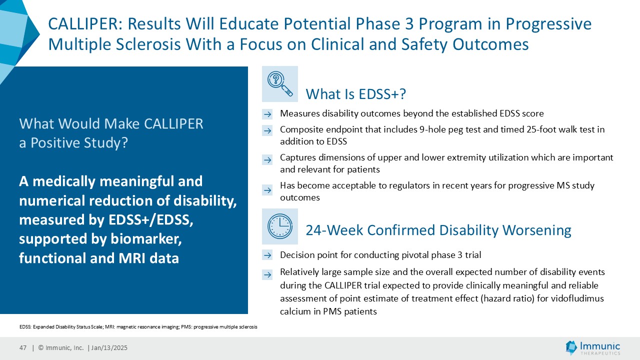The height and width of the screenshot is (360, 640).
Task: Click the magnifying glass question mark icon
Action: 279,83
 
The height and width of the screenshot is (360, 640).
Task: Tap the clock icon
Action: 279,226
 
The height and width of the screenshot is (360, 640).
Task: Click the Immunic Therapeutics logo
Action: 593,347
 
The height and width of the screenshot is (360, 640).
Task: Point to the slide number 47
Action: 23,347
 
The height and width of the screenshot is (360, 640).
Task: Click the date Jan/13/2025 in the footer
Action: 109,347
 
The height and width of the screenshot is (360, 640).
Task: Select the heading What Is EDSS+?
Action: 355,94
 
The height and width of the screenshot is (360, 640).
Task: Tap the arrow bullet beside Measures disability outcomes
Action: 267,114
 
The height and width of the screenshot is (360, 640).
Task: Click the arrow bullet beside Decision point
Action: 267,255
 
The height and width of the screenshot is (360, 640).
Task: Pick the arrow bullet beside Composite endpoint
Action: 267,130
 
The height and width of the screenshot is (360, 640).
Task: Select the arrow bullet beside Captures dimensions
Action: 267,159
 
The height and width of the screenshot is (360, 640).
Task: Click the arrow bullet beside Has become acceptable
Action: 267,190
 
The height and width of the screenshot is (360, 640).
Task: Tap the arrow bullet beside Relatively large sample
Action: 267,274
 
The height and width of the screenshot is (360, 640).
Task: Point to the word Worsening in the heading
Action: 537,230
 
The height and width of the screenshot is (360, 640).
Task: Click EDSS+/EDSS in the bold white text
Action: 151,219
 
